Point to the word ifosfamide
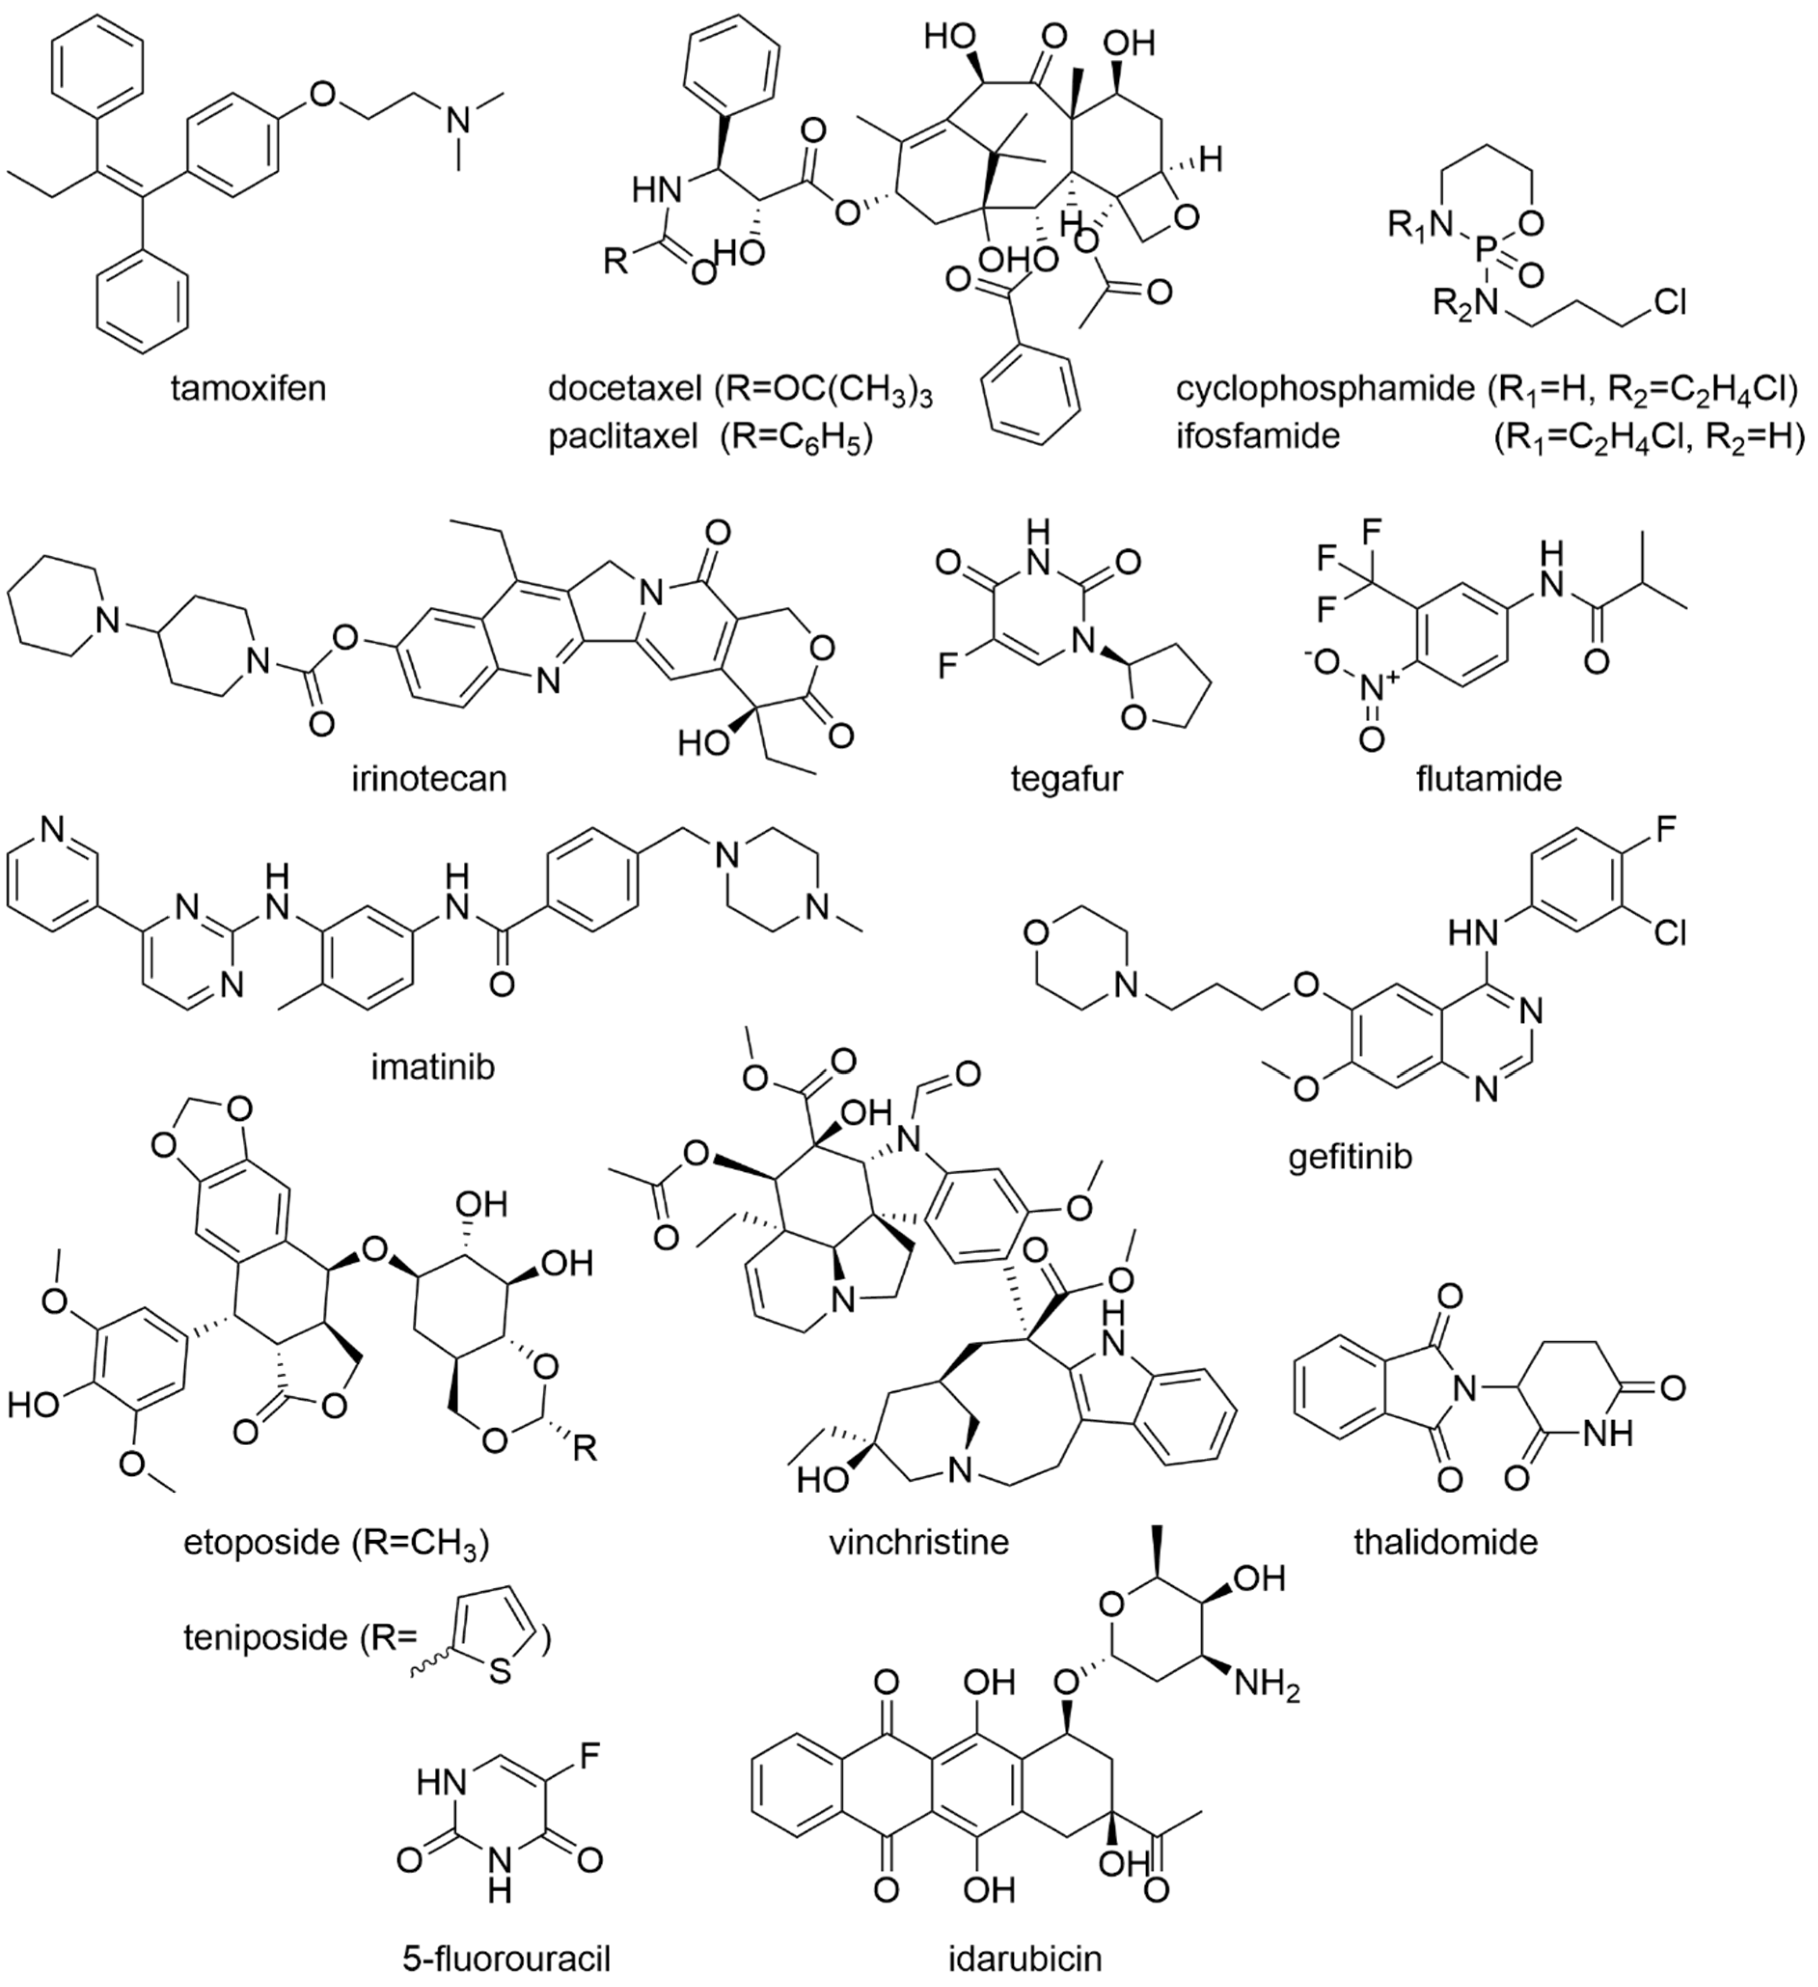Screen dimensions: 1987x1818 [1257, 435]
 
